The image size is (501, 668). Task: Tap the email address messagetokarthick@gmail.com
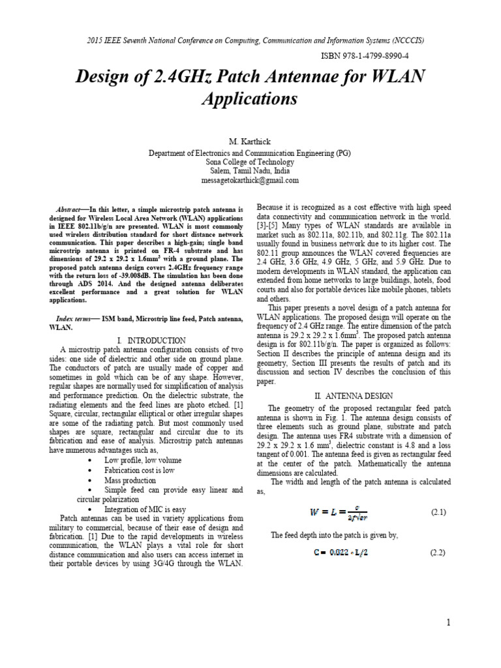[x=250, y=180]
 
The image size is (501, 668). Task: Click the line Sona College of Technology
[x=250, y=162]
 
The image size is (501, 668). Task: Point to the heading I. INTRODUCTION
[x=151, y=340]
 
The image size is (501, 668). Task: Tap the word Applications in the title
[x=250, y=99]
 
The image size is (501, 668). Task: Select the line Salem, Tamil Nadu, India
[x=250, y=171]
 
